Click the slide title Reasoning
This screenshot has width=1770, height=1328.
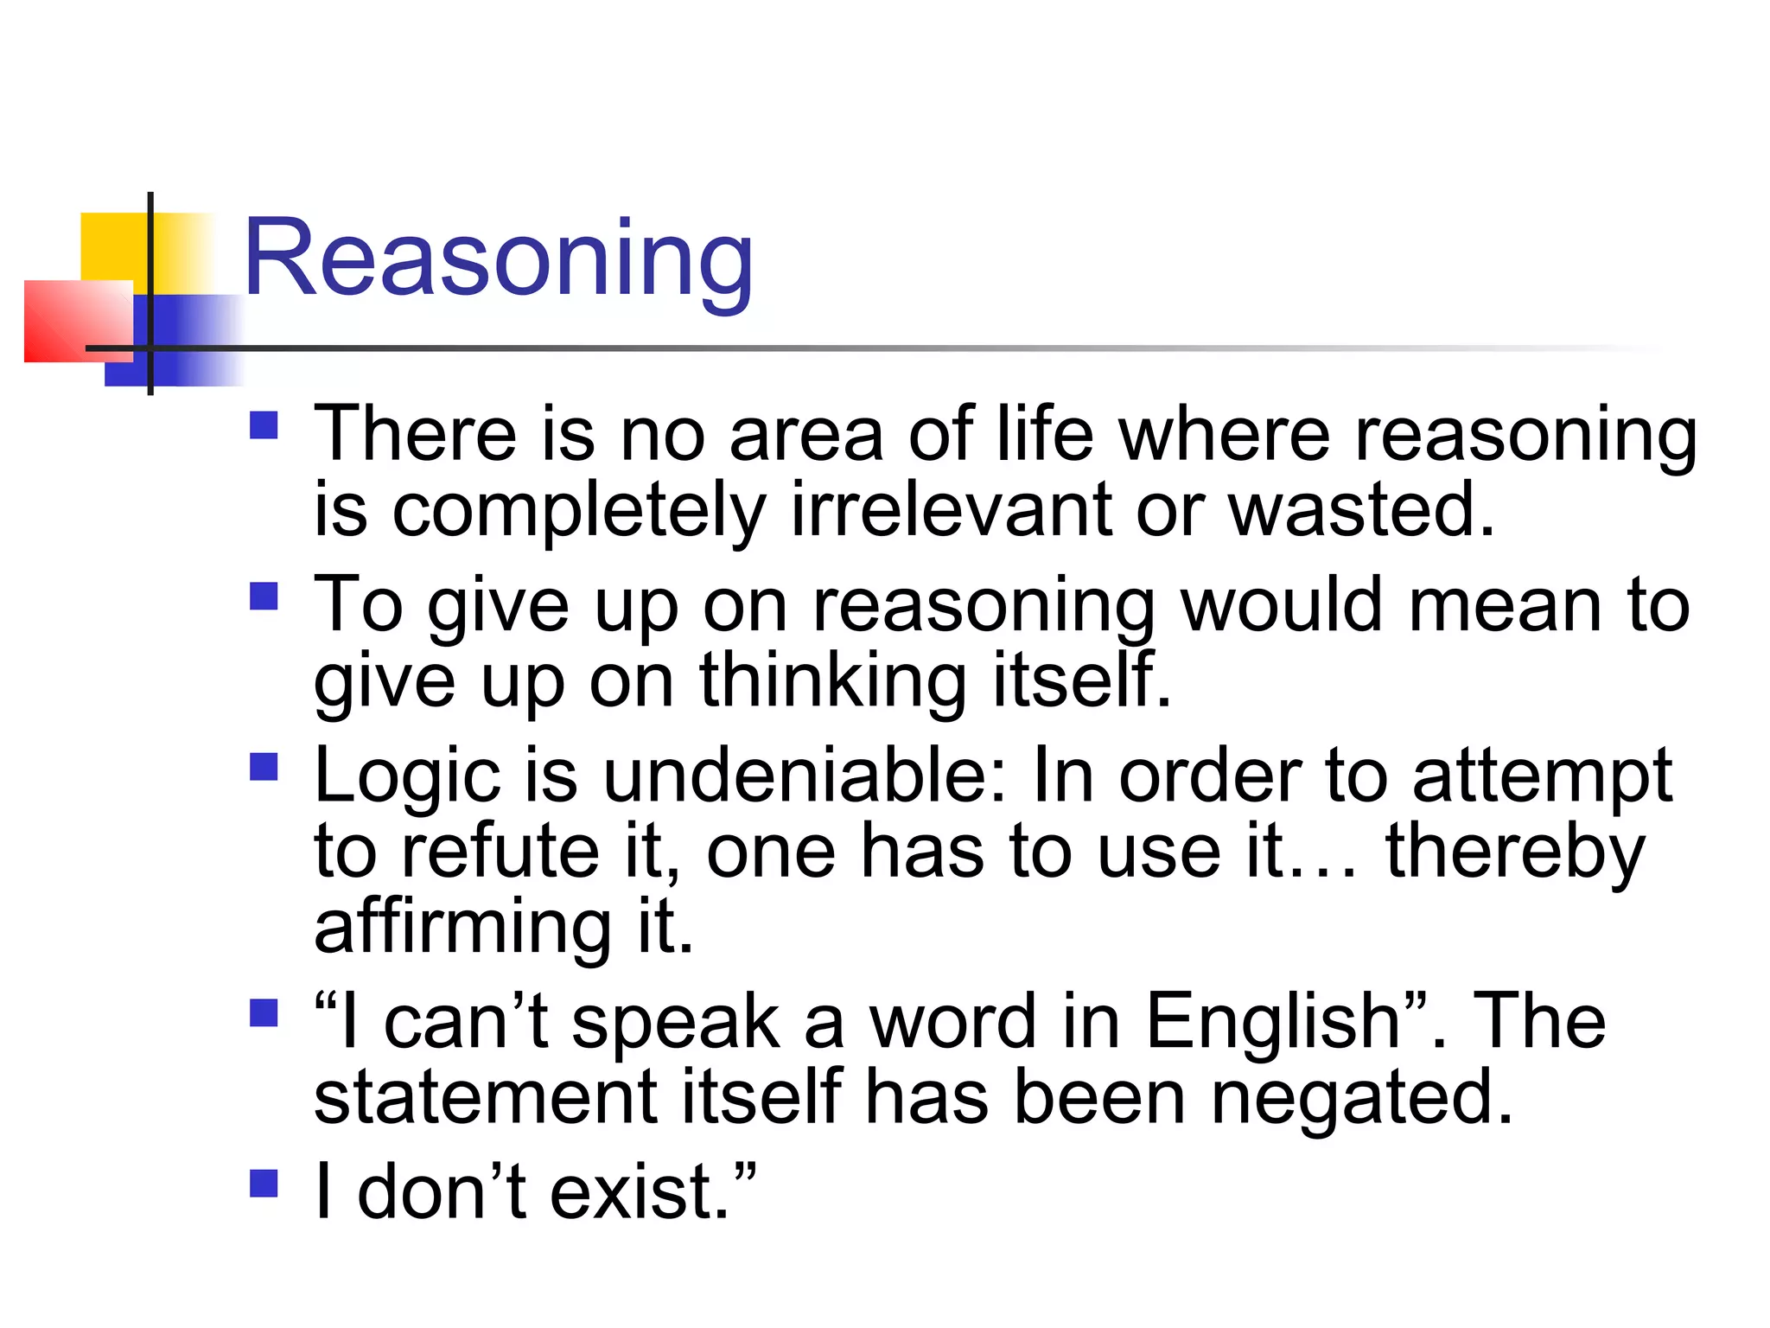[x=499, y=259]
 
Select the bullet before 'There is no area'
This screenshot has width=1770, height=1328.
[x=264, y=425]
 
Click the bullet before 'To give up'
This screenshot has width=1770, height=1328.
[x=264, y=596]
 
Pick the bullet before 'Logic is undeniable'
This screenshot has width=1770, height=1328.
[x=264, y=767]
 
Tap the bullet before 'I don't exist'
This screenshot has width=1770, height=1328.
[x=264, y=1183]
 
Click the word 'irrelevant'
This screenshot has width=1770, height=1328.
[x=951, y=510]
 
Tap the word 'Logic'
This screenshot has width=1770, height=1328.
[x=407, y=776]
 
